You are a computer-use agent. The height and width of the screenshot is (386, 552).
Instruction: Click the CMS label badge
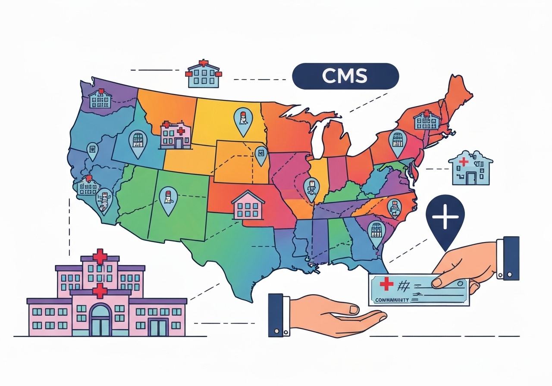pyautogui.click(x=345, y=76)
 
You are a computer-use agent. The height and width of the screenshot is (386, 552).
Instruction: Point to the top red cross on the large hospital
pyautogui.click(x=100, y=256)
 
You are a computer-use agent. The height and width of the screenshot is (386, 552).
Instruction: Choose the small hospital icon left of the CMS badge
pyautogui.click(x=203, y=74)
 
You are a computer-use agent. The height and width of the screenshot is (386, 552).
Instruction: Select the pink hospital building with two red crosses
pyautogui.click(x=176, y=134)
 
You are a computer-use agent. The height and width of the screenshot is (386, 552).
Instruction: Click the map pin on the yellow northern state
pyautogui.click(x=242, y=120)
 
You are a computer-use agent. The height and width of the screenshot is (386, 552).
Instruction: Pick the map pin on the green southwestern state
pyautogui.click(x=168, y=200)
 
